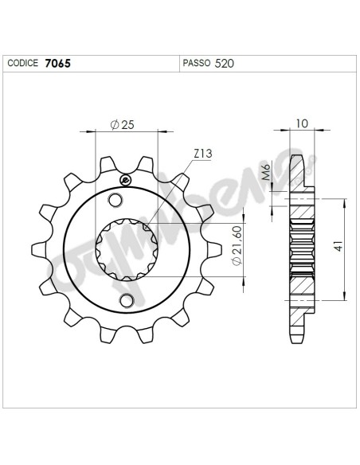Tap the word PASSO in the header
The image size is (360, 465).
pyautogui.click(x=195, y=61)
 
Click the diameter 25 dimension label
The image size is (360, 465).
pyautogui.click(x=121, y=124)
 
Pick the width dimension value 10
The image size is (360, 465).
pyautogui.click(x=299, y=123)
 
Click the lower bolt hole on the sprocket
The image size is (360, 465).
pyautogui.click(x=126, y=300)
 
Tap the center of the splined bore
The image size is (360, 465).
pyautogui.click(x=124, y=250)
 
